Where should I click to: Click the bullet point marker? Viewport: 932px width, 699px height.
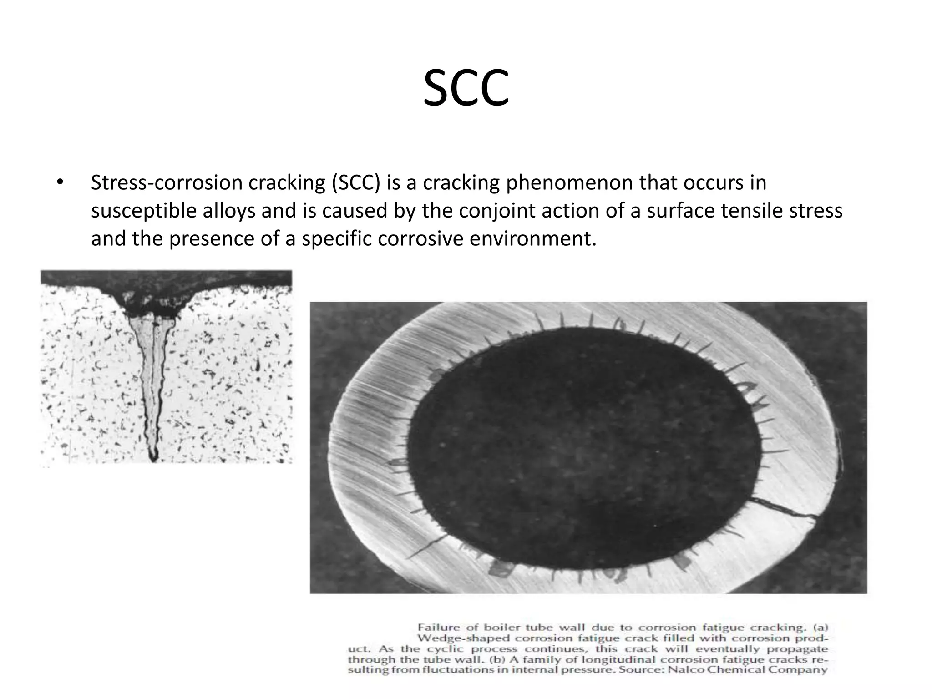click(x=60, y=183)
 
